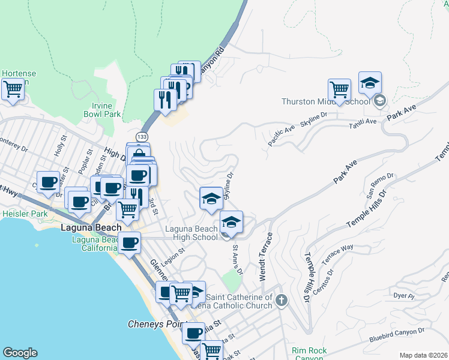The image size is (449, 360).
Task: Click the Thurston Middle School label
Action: pyautogui.click(x=325, y=101)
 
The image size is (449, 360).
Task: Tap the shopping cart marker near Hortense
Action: pyautogui.click(x=13, y=91)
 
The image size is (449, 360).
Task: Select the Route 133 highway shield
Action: pyautogui.click(x=142, y=136)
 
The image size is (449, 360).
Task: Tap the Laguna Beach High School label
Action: pyautogui.click(x=191, y=233)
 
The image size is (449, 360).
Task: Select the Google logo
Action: pyautogui.click(x=20, y=353)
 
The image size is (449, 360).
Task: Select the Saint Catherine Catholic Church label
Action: pyautogui.click(x=239, y=301)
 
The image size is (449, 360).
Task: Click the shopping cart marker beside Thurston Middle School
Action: pyautogui.click(x=340, y=91)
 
